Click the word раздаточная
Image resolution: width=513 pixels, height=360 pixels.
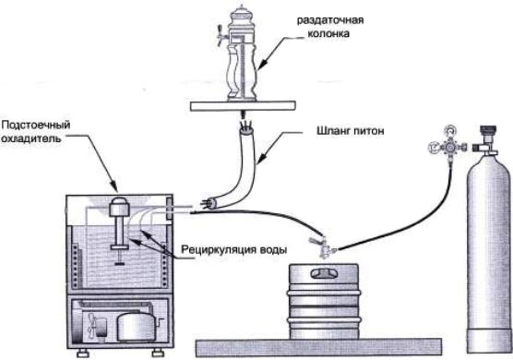(330, 20)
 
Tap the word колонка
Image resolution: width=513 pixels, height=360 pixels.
(328, 33)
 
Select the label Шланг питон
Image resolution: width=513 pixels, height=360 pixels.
(350, 131)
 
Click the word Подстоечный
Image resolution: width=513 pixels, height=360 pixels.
(36, 126)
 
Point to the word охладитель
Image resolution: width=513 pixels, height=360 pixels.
(31, 138)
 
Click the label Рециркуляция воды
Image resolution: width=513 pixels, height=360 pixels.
(234, 250)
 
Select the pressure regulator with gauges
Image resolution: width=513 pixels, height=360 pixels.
(447, 143)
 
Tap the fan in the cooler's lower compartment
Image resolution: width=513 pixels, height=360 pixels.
(92, 326)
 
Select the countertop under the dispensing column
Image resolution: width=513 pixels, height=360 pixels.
(243, 106)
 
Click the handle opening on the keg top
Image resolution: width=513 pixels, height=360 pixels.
(324, 273)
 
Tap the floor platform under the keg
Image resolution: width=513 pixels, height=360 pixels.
(318, 348)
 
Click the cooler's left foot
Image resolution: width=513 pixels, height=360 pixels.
(83, 354)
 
